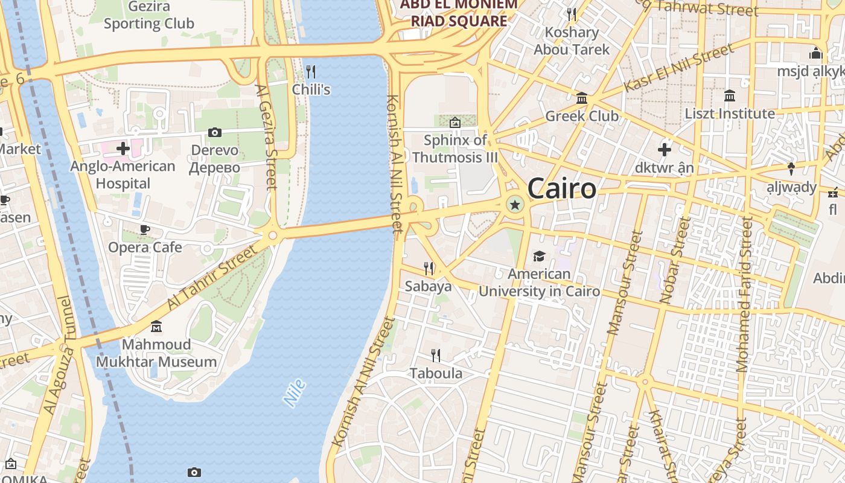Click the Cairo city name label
tap(561, 189)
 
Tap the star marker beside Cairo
tap(515, 205)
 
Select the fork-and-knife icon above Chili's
tap(311, 72)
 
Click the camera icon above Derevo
tap(214, 132)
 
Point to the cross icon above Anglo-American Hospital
tap(123, 148)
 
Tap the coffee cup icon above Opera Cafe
tap(144, 229)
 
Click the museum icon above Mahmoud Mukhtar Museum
tap(156, 327)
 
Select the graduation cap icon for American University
tap(539, 257)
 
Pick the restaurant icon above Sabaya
tap(429, 267)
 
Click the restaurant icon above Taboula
tap(436, 355)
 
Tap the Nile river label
tap(295, 393)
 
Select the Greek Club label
tap(582, 115)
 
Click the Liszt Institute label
tap(729, 114)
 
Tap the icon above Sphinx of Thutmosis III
tap(455, 123)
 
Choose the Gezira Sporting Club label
tap(148, 15)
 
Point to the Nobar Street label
tap(675, 260)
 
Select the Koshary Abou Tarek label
tap(572, 41)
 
